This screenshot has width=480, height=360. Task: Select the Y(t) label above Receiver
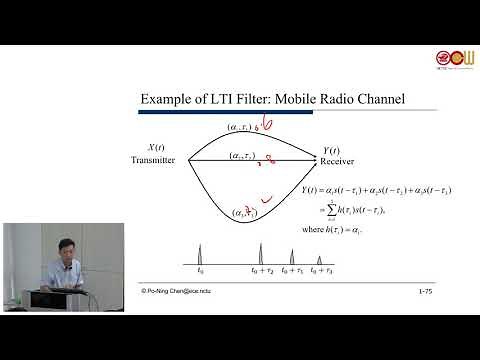tap(328, 150)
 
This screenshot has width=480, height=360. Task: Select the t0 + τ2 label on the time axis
tap(262, 270)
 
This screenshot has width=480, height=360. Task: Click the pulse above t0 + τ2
tap(260, 252)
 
